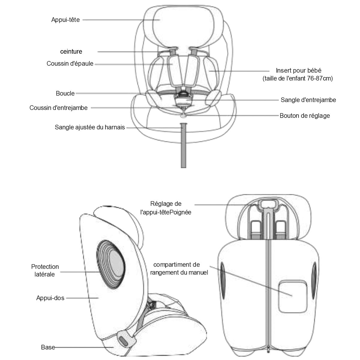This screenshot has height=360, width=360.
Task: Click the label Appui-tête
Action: (x=65, y=20)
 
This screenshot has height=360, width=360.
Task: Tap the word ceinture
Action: (x=71, y=52)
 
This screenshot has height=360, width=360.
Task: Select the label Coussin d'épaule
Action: (x=70, y=64)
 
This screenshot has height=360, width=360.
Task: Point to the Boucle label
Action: (x=65, y=93)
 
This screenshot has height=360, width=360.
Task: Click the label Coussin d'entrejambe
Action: (x=58, y=108)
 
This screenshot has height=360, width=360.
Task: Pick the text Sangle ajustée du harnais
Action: (x=90, y=127)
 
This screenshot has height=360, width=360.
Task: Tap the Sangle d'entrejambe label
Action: (x=308, y=100)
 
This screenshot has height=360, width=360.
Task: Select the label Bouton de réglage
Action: (x=304, y=116)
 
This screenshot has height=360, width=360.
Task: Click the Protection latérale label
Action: (x=45, y=270)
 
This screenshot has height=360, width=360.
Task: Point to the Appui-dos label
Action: (x=50, y=298)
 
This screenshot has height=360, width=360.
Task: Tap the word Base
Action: (x=48, y=347)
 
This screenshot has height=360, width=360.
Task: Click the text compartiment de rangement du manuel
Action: (x=179, y=268)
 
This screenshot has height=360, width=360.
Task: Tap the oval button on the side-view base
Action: (x=124, y=340)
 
